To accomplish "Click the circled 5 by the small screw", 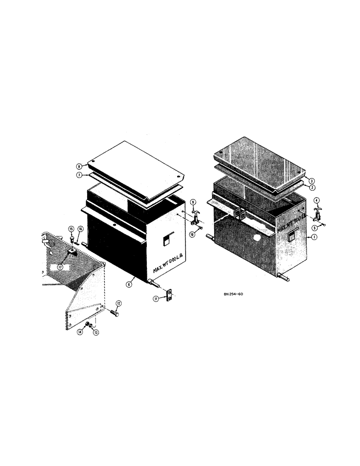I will point(315,227).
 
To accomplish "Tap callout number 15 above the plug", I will point(71,229).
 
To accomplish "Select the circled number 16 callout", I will point(80,229).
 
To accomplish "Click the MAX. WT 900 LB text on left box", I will point(169,265).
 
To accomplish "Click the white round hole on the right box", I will point(256,237).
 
